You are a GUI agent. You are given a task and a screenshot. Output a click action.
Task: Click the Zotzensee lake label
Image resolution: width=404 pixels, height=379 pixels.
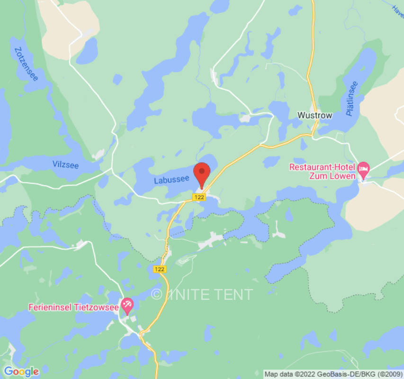point(26,64)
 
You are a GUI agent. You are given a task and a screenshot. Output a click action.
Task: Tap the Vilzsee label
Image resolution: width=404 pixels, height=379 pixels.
point(65,165)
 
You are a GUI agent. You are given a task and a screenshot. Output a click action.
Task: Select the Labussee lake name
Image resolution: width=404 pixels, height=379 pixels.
point(171,180)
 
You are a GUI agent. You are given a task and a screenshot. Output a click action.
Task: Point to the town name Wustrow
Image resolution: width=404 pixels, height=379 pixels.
point(315,115)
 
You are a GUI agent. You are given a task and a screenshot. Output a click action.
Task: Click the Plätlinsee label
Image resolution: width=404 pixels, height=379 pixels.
point(352,99)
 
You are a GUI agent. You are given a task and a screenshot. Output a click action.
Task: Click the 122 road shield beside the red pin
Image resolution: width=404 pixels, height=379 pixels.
point(199,197)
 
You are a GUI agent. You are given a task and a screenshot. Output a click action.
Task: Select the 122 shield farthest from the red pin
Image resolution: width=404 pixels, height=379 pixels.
point(160,269)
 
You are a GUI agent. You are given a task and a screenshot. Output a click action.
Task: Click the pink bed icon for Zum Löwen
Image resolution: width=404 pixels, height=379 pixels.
point(364,168)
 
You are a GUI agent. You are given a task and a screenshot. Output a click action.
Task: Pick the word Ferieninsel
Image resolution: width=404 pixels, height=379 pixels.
point(45,307)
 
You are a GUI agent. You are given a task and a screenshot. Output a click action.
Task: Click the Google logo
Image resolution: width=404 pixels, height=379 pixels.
point(21,372)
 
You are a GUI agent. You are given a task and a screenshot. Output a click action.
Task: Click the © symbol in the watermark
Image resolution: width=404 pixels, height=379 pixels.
point(156,294)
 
